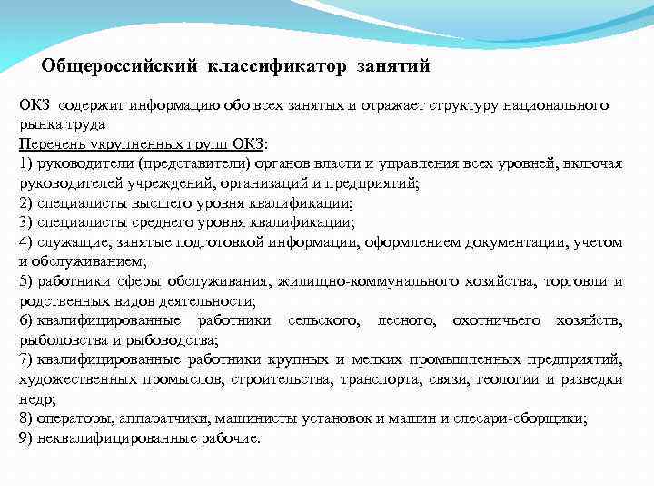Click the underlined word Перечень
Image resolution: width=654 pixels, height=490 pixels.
point(49,144)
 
